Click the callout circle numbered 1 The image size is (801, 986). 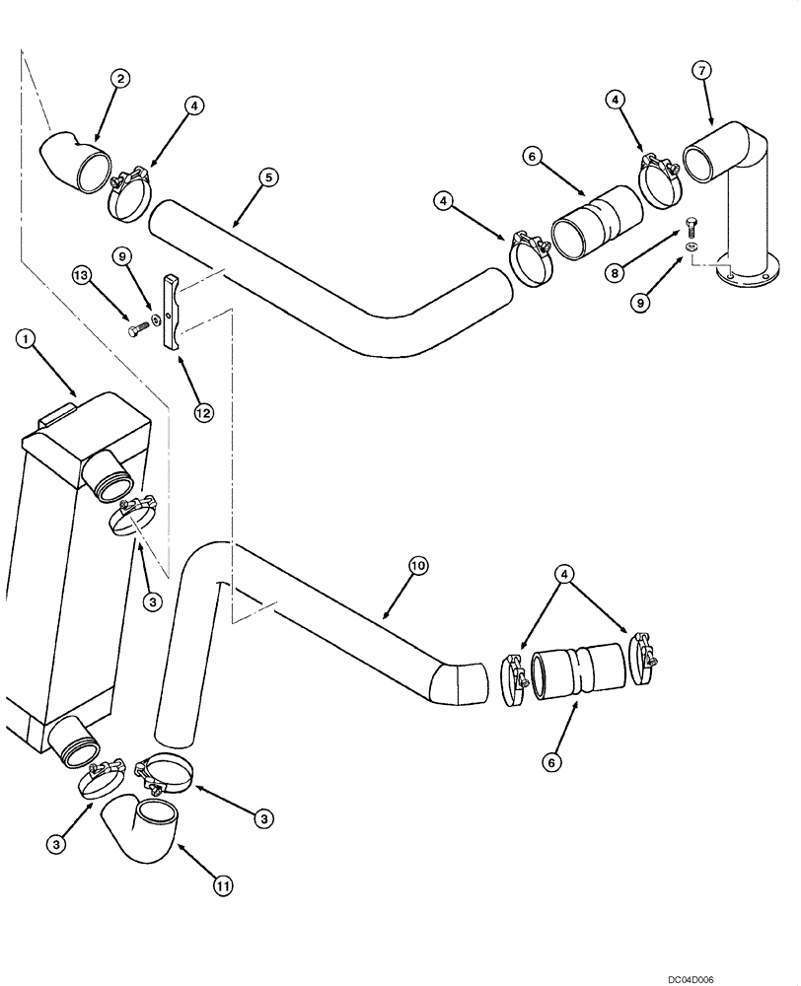click(x=29, y=339)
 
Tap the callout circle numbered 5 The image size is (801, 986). click(x=268, y=177)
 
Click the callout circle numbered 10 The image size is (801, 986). click(x=418, y=566)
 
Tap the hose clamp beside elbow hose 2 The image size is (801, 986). click(x=128, y=194)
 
